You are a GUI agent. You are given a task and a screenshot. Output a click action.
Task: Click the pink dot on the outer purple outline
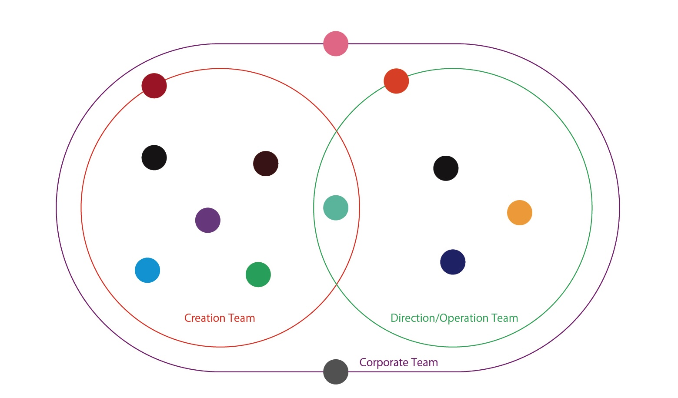coord(336,43)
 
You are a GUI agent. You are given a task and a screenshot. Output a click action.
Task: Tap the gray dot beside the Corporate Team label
coord(336,372)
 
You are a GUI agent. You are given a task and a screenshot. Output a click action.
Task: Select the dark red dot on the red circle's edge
coord(154,86)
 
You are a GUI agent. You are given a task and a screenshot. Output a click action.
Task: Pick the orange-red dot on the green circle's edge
coord(396,81)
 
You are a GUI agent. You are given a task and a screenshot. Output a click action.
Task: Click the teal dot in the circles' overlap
coord(336,208)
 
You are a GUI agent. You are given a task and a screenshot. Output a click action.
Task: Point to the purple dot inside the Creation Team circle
coord(208,220)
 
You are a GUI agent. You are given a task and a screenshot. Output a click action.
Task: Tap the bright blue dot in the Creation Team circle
coord(147,270)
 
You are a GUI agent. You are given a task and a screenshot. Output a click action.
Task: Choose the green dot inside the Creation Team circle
coord(258,274)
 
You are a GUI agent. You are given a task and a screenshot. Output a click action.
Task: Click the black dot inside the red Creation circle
coord(154,157)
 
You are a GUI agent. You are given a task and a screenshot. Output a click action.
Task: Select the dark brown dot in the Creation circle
coord(266,164)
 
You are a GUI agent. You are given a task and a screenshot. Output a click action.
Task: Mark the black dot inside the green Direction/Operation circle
coord(446,168)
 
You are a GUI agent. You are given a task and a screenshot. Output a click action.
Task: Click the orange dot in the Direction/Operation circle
coord(520,213)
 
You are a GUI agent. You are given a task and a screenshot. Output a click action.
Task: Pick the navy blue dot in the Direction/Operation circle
coord(453,262)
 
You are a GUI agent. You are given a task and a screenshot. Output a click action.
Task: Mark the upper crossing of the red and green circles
coord(337,131)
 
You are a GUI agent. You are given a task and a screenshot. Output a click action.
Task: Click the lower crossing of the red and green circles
coord(337,284)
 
